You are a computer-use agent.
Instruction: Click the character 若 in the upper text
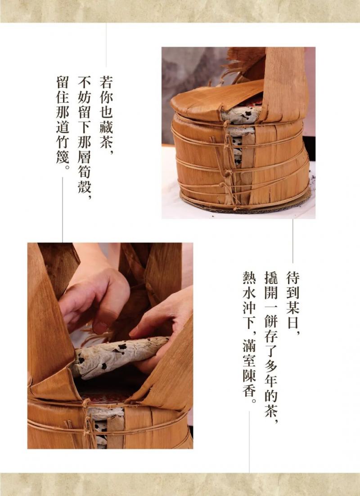pos(106,82)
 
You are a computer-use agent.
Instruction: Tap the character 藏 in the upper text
pos(106,127)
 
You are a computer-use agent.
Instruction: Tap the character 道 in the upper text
pos(62,127)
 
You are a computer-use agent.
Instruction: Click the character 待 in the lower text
pos(292,277)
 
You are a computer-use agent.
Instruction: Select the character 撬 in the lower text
pos(271,277)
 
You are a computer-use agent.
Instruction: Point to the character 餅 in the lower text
pos(271,322)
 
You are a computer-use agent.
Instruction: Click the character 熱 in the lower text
pos(249,277)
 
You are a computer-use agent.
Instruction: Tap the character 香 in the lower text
pos(249,390)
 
